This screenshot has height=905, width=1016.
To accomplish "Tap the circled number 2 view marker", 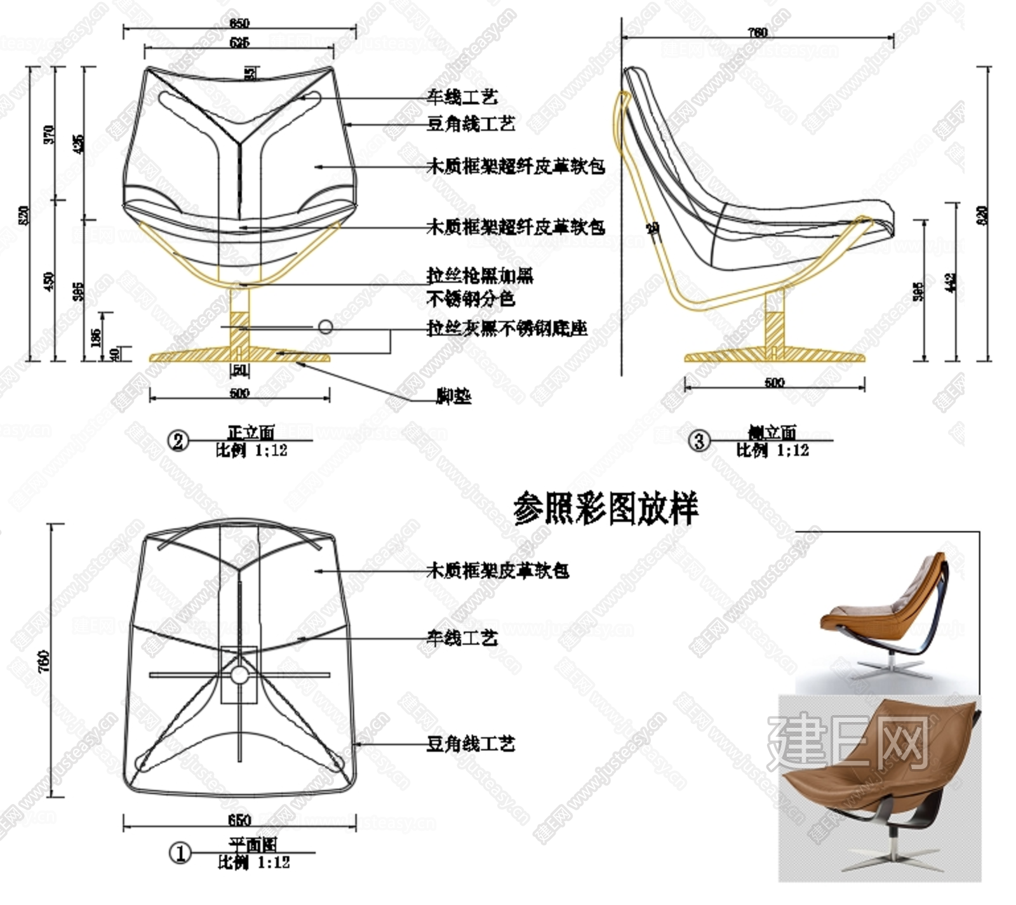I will coord(178,441).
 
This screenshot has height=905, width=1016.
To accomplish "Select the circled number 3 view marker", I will coord(699,440).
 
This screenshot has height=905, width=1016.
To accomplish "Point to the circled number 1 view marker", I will coord(180,853).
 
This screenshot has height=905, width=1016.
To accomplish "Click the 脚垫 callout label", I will coord(453,396).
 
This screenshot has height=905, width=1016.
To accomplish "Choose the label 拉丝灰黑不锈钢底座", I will coord(506,328).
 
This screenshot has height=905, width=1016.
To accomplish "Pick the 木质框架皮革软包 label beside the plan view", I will coord(497,570).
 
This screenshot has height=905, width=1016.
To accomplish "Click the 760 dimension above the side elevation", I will coord(758,32).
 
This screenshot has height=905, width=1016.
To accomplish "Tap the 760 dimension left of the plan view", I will coord(43,661).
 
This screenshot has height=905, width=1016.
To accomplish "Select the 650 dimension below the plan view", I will coord(239,820).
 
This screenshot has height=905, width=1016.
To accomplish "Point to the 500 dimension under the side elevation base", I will coord(775,382).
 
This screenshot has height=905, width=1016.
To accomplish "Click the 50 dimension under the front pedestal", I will coord(239,370).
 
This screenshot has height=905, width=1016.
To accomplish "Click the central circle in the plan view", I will coord(239,674).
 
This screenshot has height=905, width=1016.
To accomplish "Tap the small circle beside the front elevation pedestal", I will coord(325,327).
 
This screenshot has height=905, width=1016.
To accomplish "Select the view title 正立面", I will coord(251,433).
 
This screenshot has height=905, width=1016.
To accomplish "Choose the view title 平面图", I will coord(253,845).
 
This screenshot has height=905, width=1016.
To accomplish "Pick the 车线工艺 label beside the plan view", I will coord(462,637).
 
